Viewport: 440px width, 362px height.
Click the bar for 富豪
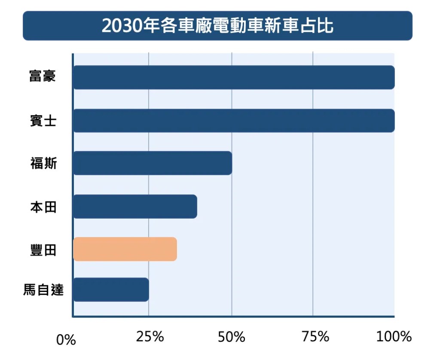click(x=234, y=77)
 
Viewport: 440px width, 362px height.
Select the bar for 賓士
click(x=234, y=121)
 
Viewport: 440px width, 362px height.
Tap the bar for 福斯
click(x=153, y=163)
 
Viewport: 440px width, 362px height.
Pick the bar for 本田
click(x=135, y=207)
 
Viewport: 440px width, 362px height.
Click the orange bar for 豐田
click(x=125, y=249)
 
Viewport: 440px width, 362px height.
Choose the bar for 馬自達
click(x=111, y=290)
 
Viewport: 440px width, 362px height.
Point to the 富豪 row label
click(x=43, y=77)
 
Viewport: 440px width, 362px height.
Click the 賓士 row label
click(x=43, y=121)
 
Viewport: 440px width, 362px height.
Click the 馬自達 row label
click(x=43, y=290)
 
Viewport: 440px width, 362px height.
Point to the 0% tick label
click(x=66, y=341)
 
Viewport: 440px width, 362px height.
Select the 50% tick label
click(x=232, y=337)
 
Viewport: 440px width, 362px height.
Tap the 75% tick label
click(x=315, y=337)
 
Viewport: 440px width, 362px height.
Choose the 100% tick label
click(x=394, y=337)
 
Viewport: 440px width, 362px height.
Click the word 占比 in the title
click(x=320, y=26)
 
